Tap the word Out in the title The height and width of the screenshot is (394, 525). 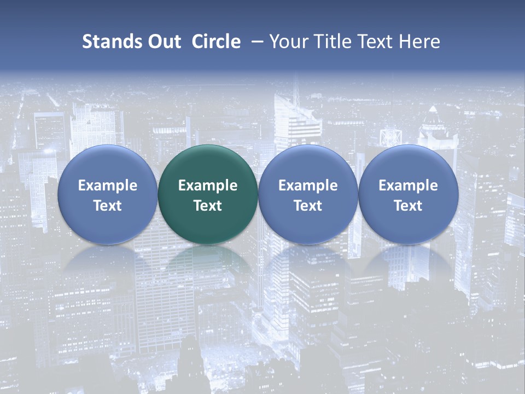tap(164, 42)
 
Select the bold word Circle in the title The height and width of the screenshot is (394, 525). tap(216, 42)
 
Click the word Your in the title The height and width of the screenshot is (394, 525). tap(288, 42)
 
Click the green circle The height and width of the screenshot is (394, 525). tap(208, 164)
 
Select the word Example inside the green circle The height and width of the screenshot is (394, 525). tap(208, 186)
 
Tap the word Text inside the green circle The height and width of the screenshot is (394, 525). tap(208, 206)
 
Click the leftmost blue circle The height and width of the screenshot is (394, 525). tap(107, 164)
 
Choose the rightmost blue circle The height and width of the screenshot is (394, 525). tap(409, 164)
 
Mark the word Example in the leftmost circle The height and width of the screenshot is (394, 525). tap(107, 186)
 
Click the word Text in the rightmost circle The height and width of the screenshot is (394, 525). tap(409, 206)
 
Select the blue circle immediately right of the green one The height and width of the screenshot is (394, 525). tap(308, 164)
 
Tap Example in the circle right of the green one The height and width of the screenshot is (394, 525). tap(308, 186)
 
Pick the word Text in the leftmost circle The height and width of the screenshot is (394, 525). tap(107, 206)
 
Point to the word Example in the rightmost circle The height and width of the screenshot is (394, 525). tap(409, 186)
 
